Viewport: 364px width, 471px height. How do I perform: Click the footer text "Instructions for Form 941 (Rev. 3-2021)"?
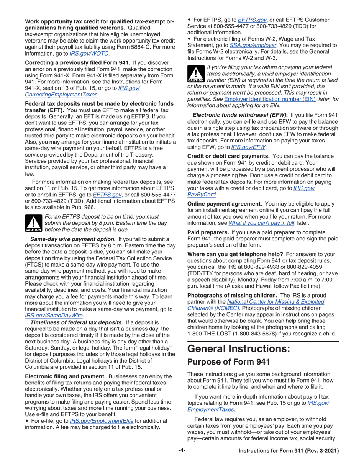[x=289, y=451]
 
